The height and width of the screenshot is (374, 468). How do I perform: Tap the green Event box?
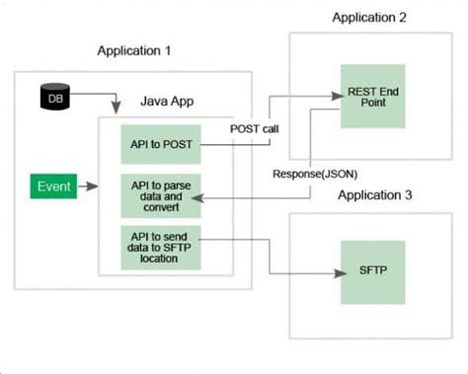click(50, 186)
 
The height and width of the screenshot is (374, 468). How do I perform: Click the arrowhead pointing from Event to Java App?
click(95, 186)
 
